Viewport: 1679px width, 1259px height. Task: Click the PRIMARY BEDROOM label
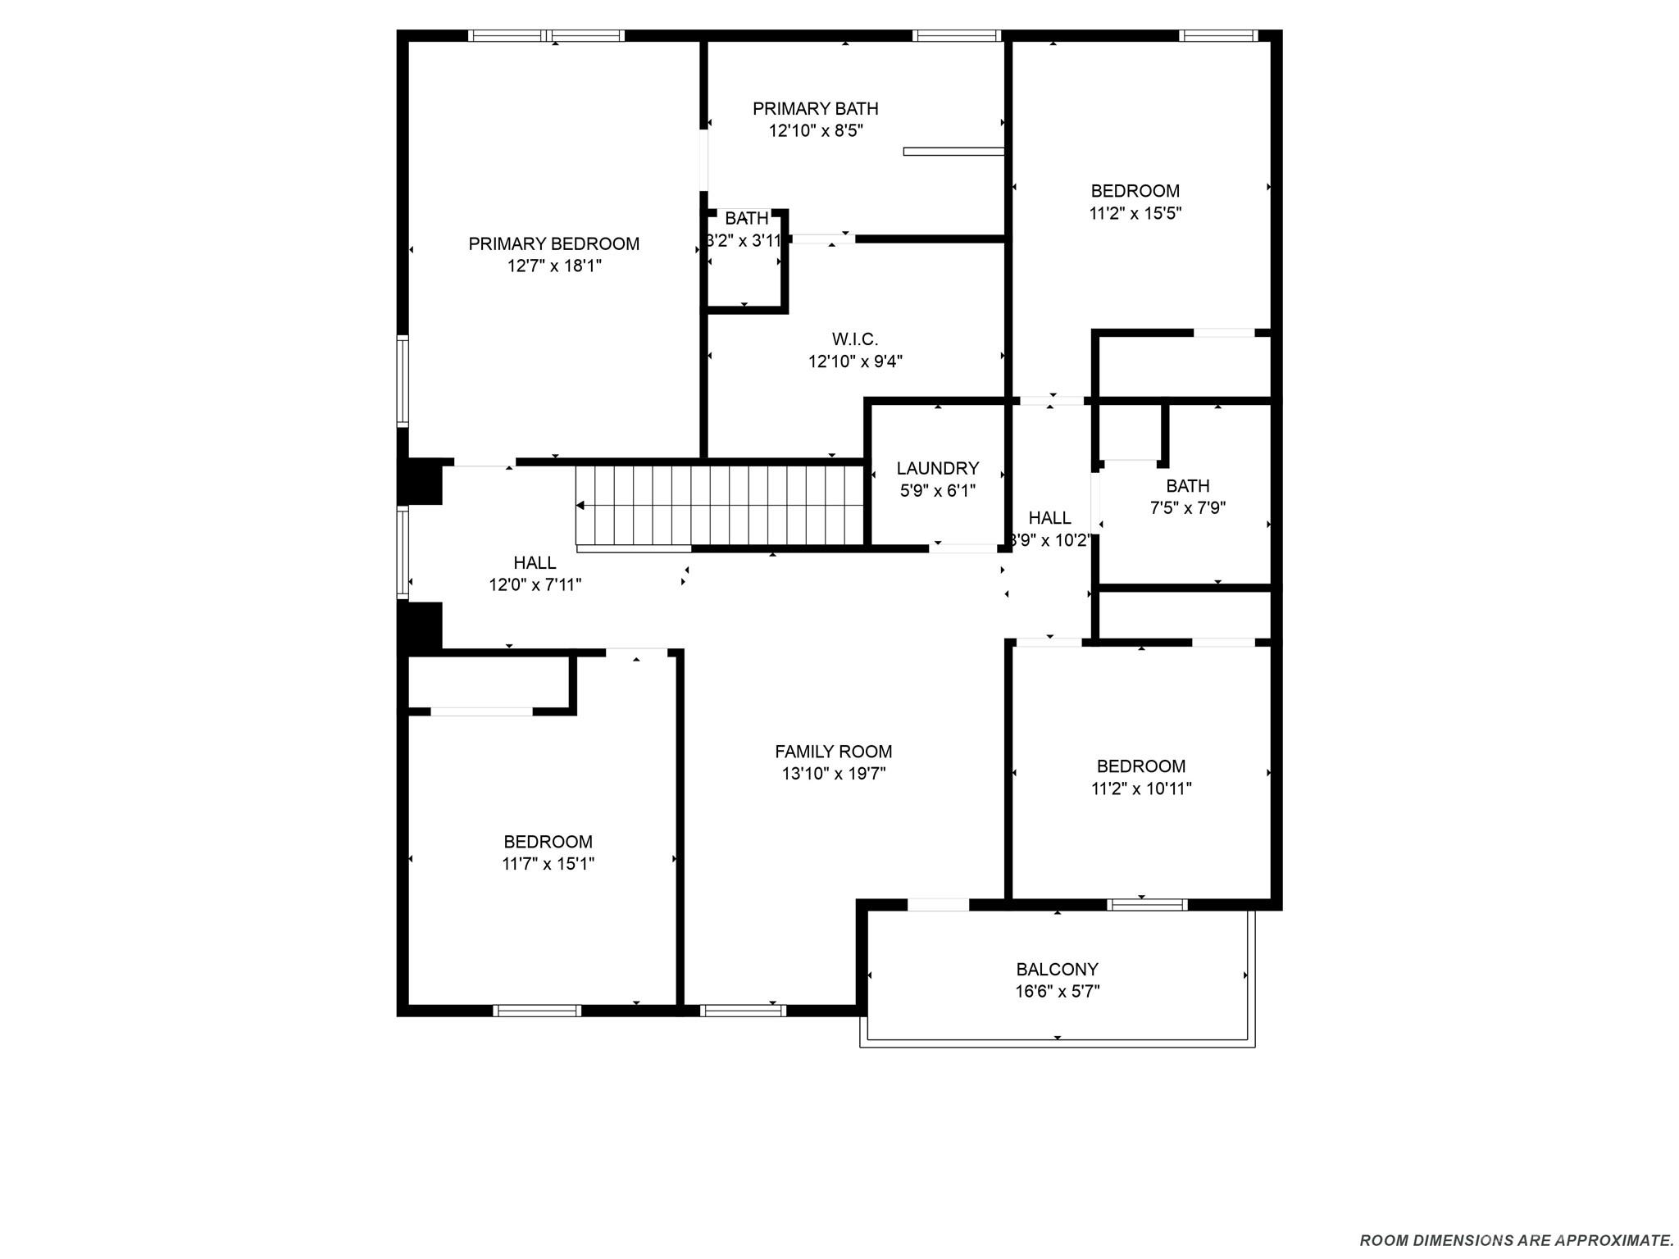[x=553, y=243]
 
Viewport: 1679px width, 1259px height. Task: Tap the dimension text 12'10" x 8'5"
[x=816, y=130]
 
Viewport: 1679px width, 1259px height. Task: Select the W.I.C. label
[x=855, y=339]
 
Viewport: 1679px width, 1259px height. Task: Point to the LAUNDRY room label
[x=937, y=468]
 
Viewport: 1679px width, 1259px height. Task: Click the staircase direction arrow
[x=580, y=506]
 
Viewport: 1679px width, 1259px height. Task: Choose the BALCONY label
[x=1057, y=969]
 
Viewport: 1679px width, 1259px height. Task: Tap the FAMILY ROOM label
[x=833, y=751]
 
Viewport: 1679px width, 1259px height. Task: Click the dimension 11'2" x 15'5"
[x=1135, y=213]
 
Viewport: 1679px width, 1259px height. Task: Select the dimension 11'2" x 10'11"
[x=1140, y=789]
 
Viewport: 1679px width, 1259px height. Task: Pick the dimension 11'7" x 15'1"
[x=548, y=864]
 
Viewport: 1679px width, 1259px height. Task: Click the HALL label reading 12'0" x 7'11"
[x=535, y=562]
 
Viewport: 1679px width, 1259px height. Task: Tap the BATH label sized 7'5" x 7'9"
[x=1187, y=485]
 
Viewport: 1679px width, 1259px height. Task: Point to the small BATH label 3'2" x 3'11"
[x=746, y=218]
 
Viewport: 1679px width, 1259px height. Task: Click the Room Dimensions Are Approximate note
[x=1516, y=1240]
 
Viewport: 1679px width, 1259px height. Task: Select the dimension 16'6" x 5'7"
[x=1057, y=992]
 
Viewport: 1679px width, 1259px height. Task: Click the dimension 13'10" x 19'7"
[x=833, y=774]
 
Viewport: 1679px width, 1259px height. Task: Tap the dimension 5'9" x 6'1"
[x=937, y=491]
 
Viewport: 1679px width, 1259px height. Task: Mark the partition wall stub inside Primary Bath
[x=953, y=151]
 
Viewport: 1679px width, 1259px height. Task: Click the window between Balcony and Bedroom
[x=1146, y=905]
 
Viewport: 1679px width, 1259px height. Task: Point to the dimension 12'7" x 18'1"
[x=553, y=266]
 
